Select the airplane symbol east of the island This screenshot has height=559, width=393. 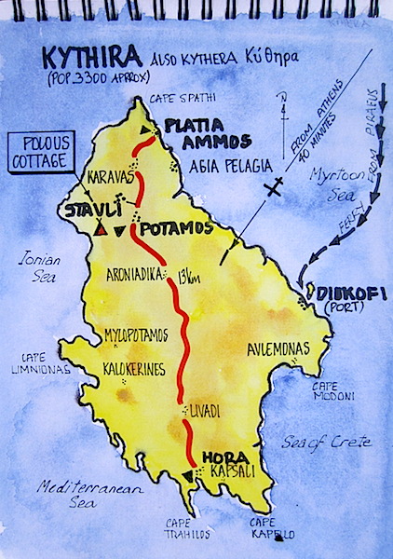point(273,190)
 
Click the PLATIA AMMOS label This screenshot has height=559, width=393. point(208,134)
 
